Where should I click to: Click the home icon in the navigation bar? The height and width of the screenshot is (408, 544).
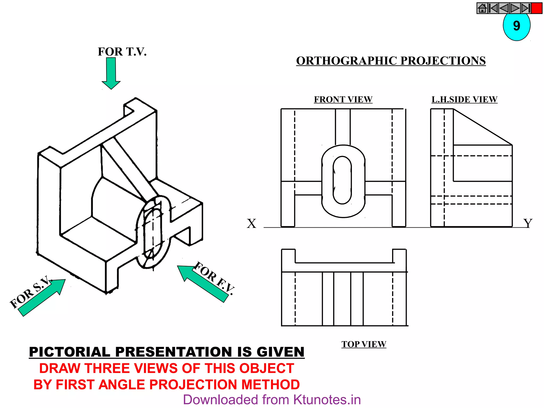[482, 8]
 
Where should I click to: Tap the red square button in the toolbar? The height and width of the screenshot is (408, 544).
[537, 8]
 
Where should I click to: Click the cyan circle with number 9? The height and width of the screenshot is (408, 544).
[516, 27]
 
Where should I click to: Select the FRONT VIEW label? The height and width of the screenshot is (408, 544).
[343, 99]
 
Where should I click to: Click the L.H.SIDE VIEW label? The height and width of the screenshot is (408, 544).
[464, 99]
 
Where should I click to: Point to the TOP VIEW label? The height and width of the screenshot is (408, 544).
[364, 344]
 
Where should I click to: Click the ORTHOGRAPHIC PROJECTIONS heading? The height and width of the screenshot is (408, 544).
[391, 61]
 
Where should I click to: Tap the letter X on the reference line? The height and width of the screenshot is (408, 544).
[251, 224]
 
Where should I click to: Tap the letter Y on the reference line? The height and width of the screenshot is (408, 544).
[528, 223]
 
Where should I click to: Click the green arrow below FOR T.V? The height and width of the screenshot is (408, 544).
[111, 73]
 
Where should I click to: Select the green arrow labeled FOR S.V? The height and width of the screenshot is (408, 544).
[42, 297]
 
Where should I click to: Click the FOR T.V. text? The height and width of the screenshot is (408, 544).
[122, 52]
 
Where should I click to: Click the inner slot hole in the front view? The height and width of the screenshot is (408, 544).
[342, 180]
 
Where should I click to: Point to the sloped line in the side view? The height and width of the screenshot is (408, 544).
[483, 127]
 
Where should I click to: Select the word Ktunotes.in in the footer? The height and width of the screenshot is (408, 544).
[327, 400]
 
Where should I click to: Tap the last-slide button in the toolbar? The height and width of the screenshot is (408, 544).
[525, 8]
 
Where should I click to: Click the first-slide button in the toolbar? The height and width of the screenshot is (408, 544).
[493, 8]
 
